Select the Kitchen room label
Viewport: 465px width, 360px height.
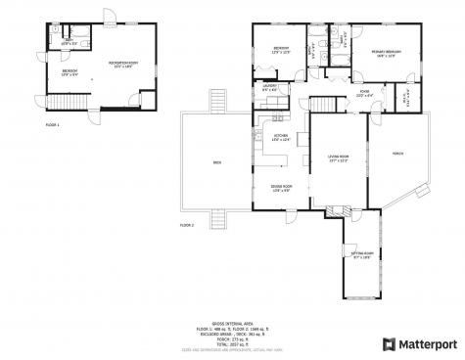pyautogui.click(x=281, y=137)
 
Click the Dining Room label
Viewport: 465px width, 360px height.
pyautogui.click(x=281, y=188)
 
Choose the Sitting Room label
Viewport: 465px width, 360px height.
pyautogui.click(x=361, y=256)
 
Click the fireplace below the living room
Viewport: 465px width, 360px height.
pyautogui.click(x=339, y=208)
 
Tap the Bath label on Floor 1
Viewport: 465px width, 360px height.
pyautogui.click(x=68, y=42)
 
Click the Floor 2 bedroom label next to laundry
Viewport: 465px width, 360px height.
pyautogui.click(x=281, y=49)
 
